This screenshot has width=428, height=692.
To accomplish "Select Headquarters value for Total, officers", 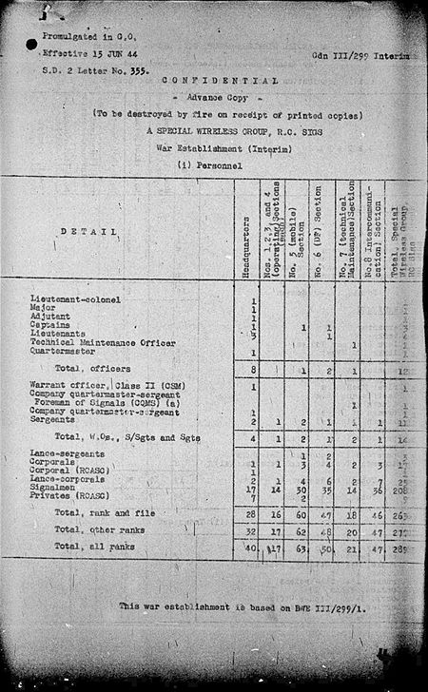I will tap(253, 369).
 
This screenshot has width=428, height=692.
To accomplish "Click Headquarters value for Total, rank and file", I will tap(252, 513).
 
